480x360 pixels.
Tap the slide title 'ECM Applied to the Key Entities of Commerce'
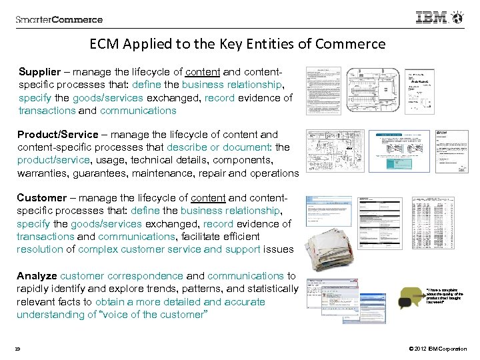(237, 45)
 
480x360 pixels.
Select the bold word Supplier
(41, 71)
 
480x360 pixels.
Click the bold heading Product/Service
(57, 134)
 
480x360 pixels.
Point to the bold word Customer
(42, 197)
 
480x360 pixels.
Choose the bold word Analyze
(37, 275)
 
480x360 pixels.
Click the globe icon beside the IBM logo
(458, 17)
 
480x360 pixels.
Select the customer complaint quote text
(442, 295)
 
